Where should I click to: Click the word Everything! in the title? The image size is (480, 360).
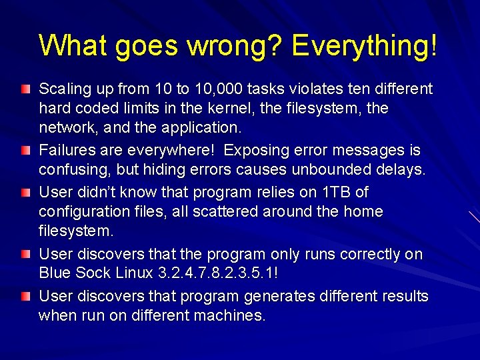[365, 45]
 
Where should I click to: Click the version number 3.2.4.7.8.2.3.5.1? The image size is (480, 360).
[217, 273]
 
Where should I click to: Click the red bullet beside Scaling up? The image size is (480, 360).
[25, 89]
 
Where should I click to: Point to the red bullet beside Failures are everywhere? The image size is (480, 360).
[25, 151]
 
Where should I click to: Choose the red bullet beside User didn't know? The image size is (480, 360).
[25, 192]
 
